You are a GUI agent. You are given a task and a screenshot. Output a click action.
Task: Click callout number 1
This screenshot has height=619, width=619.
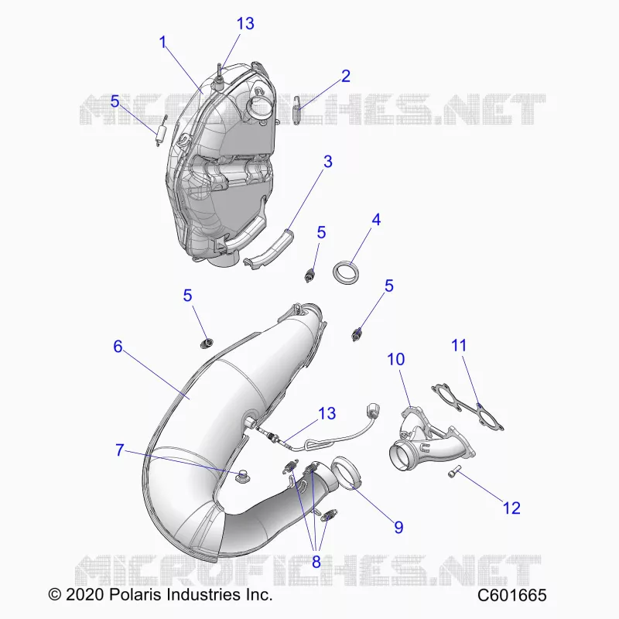[x=163, y=43]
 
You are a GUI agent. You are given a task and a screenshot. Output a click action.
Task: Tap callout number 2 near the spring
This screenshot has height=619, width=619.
[x=345, y=76]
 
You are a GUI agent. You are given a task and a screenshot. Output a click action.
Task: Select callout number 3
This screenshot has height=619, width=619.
[x=327, y=162]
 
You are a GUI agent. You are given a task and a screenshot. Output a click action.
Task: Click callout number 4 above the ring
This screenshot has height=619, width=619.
[x=376, y=220]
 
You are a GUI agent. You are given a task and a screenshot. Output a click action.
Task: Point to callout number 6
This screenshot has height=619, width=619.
[x=118, y=347]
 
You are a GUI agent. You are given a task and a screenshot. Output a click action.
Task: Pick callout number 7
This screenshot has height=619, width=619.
[x=120, y=450]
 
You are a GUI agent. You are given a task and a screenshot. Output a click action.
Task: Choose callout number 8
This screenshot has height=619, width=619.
[x=316, y=563]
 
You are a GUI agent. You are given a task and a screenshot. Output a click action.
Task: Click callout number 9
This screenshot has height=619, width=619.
[x=398, y=527]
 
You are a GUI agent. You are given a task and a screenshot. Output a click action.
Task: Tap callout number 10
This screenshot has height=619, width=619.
[x=396, y=359]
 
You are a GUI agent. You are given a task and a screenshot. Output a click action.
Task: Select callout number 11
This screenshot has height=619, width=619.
[x=459, y=346]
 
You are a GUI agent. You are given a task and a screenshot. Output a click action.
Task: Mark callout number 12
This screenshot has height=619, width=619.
[x=511, y=508]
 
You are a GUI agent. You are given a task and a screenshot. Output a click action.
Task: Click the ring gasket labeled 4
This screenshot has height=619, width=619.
[x=347, y=272]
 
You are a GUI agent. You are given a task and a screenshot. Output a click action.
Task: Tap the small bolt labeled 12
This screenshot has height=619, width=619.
[x=455, y=471]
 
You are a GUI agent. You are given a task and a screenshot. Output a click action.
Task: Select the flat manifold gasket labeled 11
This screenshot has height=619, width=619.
[x=468, y=407]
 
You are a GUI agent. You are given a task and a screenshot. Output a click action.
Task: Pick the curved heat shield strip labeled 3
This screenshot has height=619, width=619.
[x=269, y=249]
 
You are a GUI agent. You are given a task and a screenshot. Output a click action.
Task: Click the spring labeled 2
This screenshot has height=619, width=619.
[x=298, y=111]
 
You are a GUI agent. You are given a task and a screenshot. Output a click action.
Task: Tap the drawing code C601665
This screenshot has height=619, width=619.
[x=512, y=595]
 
